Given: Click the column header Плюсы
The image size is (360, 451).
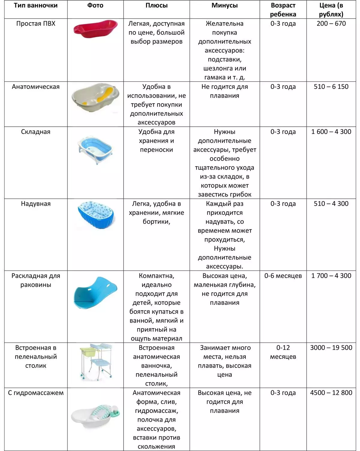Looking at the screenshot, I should click(x=156, y=5).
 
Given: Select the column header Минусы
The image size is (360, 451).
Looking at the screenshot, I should click(x=224, y=5).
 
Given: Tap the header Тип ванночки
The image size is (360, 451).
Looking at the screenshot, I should click(x=36, y=5).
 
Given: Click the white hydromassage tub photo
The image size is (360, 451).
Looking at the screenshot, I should click(x=95, y=416).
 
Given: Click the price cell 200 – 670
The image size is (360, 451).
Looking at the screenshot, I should click(x=331, y=24).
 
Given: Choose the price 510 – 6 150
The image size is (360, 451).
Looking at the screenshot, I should click(x=331, y=87).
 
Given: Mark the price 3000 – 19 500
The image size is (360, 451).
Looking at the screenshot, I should click(x=331, y=348).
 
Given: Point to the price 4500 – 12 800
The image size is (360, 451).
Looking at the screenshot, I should click(x=331, y=393).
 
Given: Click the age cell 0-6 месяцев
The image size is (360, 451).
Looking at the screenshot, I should click(x=283, y=276).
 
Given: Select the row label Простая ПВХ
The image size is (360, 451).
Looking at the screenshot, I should click(x=36, y=24).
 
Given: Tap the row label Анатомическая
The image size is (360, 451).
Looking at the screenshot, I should click(x=36, y=87).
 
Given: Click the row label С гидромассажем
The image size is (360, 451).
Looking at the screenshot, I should click(x=36, y=393).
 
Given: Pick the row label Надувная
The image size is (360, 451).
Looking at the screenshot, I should click(x=36, y=204).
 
